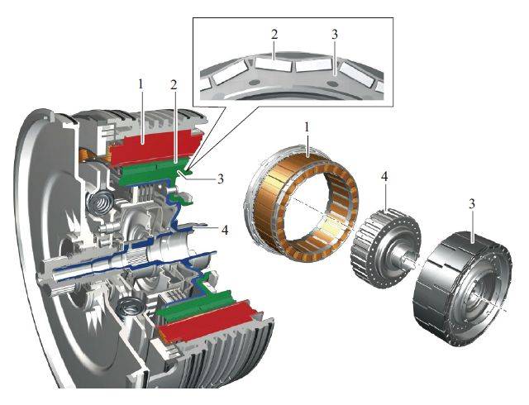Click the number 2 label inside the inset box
274,34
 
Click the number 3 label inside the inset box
334,34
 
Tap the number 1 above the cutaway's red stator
141,84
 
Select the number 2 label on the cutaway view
174,85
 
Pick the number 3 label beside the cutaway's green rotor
221,179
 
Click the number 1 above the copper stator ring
307,127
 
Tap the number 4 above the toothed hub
384,176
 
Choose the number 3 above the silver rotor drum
472,203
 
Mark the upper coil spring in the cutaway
99,204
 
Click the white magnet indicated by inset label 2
273,64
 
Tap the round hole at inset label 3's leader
334,83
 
